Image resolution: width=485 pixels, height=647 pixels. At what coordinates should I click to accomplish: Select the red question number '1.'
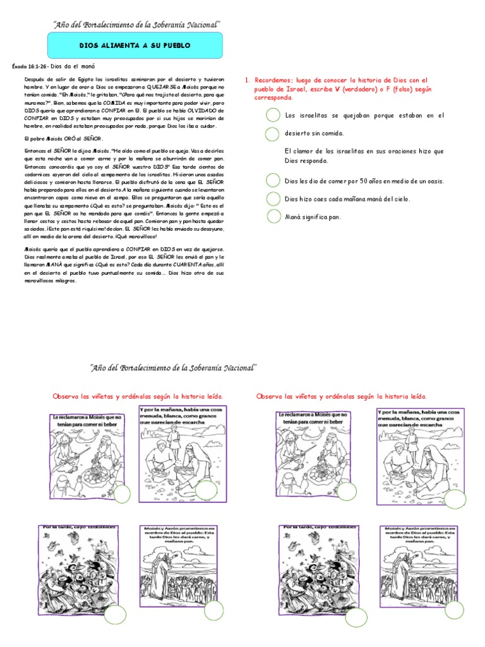pyautogui.click(x=248, y=80)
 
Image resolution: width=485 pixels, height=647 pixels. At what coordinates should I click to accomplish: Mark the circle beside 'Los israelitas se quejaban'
pyautogui.click(x=272, y=116)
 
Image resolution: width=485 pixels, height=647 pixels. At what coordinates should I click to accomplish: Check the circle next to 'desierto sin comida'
pyautogui.click(x=272, y=134)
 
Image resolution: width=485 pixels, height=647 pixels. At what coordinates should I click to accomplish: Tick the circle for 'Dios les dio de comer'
pyautogui.click(x=272, y=181)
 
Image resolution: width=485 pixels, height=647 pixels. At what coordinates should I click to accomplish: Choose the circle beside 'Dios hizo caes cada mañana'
pyautogui.click(x=272, y=199)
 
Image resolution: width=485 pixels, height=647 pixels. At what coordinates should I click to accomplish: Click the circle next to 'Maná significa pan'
pyautogui.click(x=272, y=217)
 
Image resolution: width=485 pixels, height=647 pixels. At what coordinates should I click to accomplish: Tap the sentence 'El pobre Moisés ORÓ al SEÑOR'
pyautogui.click(x=63, y=138)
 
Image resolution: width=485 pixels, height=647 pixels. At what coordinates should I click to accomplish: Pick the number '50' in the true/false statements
pyautogui.click(x=357, y=181)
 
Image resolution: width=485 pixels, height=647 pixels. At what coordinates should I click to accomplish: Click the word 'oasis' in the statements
pyautogui.click(x=433, y=181)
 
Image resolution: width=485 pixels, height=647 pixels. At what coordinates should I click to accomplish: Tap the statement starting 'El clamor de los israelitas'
pyautogui.click(x=364, y=156)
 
